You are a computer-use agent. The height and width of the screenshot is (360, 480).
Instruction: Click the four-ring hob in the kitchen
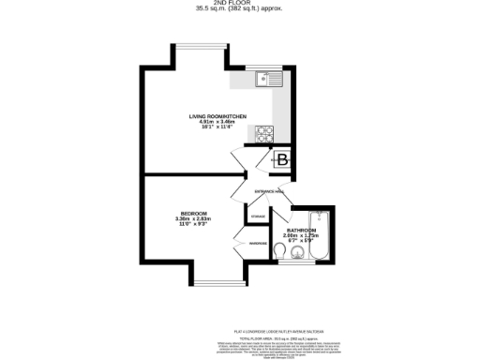point(263,132)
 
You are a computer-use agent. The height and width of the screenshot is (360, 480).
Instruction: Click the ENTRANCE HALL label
point(270,191)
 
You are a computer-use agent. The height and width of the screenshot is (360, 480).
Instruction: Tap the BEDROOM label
point(194,213)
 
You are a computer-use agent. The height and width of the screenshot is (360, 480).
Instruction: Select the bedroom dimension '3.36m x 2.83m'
point(194,219)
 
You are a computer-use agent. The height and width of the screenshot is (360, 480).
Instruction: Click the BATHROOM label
point(302,230)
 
